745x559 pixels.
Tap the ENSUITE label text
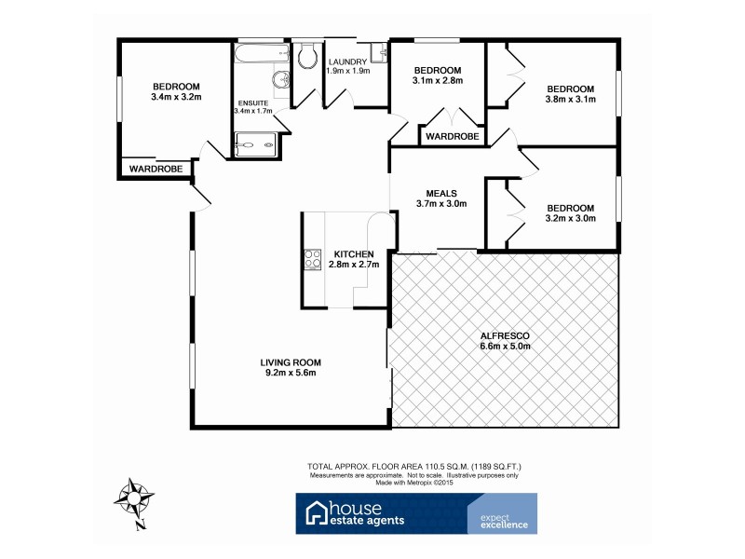[253, 102]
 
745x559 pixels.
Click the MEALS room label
[440, 193]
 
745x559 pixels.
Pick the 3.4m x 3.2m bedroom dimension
[176, 96]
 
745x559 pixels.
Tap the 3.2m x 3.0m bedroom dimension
[571, 219]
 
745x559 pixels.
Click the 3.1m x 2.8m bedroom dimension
[438, 82]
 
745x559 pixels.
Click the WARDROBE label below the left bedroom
[155, 169]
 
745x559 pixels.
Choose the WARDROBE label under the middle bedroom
[453, 137]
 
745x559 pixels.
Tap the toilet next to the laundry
[306, 57]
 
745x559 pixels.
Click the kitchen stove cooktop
[310, 261]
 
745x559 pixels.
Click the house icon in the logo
[318, 512]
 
